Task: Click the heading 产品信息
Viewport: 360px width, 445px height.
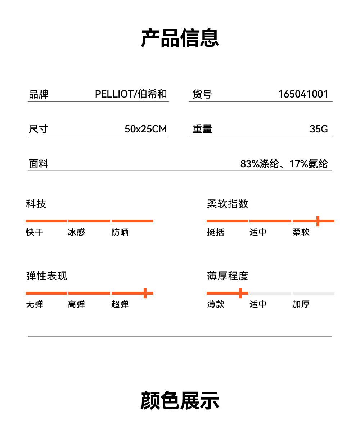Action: (180, 38)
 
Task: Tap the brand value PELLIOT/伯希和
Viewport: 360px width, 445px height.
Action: (131, 94)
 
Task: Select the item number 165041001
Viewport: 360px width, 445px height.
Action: (303, 94)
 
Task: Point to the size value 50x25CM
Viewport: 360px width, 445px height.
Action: (145, 129)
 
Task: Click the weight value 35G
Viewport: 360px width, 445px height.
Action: (319, 129)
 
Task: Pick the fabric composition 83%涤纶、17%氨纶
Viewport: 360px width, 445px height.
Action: (284, 164)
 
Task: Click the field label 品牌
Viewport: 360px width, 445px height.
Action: (39, 94)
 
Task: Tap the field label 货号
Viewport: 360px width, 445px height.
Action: (202, 94)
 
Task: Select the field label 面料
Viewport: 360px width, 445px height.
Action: (39, 164)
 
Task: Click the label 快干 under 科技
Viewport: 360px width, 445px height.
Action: (35, 232)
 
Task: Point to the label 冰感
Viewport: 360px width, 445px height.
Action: (76, 232)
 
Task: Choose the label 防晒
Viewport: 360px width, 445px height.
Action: (120, 232)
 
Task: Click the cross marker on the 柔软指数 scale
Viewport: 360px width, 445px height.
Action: (318, 221)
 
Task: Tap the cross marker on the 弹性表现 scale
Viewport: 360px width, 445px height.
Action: (145, 293)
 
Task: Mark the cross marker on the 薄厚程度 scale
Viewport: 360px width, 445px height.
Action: (240, 293)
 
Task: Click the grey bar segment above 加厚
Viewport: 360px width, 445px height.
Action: (313, 293)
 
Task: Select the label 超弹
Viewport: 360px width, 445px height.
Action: (120, 304)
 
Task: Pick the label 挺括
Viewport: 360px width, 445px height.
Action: (216, 232)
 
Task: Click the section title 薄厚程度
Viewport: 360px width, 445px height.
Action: (228, 276)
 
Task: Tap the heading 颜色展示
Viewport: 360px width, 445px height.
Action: (180, 400)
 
